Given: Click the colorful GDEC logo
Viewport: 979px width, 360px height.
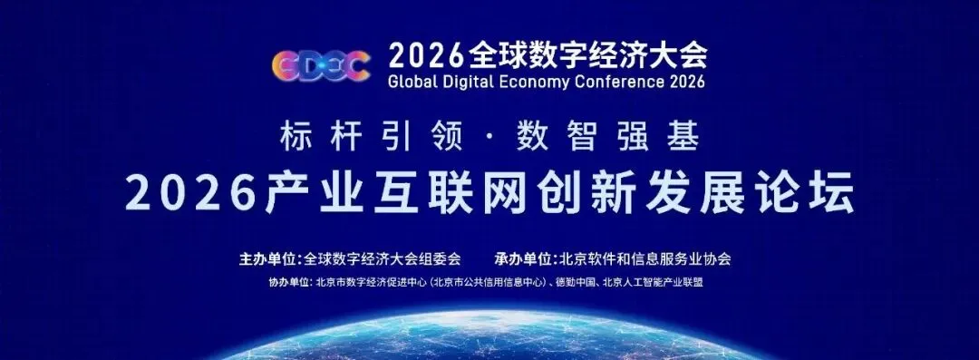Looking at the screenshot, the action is (x=321, y=65).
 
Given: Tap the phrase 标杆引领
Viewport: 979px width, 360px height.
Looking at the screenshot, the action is (x=371, y=138).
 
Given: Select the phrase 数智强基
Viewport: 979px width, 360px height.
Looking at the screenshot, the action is (x=606, y=138).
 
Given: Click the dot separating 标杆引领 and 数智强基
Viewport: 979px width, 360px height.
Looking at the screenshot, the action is (x=489, y=139).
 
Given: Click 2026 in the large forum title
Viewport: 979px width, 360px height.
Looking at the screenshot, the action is (x=191, y=192).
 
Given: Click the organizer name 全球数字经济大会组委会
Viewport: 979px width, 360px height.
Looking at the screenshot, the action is (x=382, y=258).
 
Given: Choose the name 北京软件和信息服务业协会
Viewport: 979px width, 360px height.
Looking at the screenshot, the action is (x=645, y=258).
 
